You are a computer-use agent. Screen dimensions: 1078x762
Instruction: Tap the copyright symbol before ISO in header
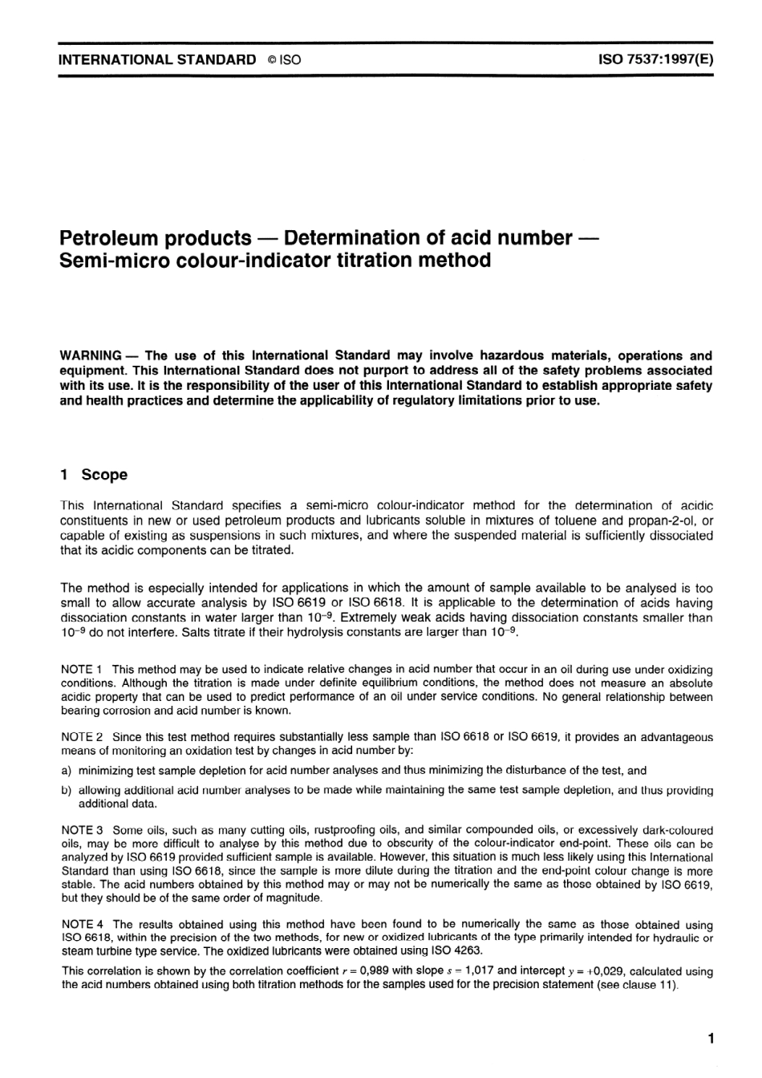(272, 60)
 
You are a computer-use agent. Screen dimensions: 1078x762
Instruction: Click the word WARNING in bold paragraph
(91, 355)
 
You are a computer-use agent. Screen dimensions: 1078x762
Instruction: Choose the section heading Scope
(104, 475)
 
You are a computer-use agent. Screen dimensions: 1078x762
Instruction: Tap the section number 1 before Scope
(64, 475)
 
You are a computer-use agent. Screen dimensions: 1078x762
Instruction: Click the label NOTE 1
(81, 669)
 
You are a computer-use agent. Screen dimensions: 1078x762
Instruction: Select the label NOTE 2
(81, 737)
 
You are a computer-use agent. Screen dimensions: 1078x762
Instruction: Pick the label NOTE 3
(81, 830)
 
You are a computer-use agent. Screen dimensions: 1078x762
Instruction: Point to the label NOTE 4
(81, 924)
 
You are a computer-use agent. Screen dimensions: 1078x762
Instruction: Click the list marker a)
(66, 770)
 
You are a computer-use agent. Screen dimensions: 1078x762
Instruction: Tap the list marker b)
(66, 790)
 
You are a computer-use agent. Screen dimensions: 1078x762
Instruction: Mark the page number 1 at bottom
(711, 1039)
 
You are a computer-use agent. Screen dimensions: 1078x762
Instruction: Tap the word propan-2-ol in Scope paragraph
(664, 521)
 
